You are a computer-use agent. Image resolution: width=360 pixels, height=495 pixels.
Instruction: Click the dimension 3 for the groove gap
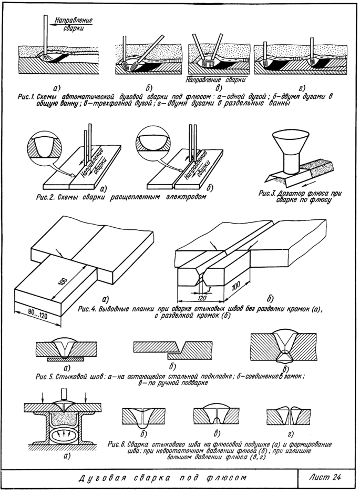click(209, 287)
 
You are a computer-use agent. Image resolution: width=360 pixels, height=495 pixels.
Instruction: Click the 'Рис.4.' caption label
click(87, 308)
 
